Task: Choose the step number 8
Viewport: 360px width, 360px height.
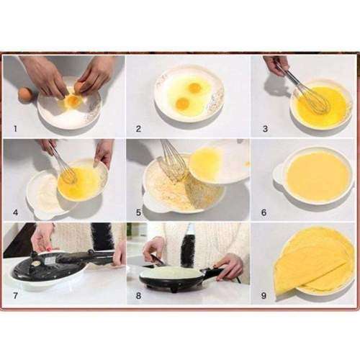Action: coord(138,294)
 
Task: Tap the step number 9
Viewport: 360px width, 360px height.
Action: coord(264,294)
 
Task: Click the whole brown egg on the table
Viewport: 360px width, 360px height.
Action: coord(25,94)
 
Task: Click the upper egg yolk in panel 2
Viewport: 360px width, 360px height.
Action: coord(194,88)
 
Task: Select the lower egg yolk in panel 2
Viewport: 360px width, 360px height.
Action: coord(182,104)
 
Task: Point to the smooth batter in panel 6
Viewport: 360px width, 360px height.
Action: coord(317,176)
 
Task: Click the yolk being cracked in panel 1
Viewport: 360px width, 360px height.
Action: coord(72,101)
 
